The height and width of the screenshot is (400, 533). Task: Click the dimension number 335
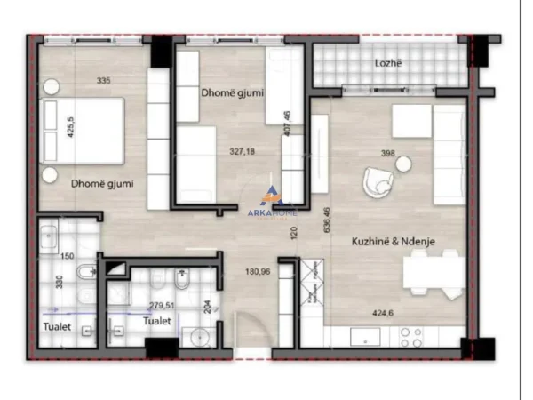click(x=104, y=82)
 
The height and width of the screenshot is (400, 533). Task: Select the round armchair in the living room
click(x=376, y=185)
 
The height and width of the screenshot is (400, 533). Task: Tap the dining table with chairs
click(x=434, y=272)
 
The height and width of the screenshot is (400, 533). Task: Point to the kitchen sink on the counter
click(x=365, y=337)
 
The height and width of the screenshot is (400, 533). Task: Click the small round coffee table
click(x=404, y=163)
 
